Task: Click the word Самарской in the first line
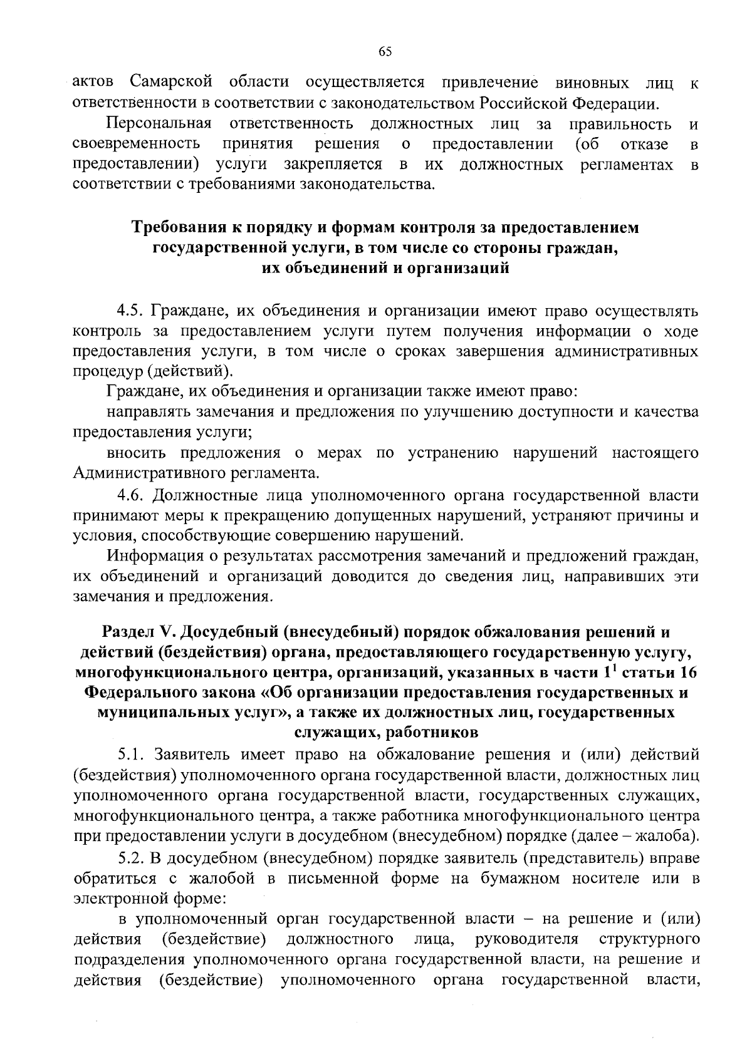[x=172, y=82]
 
